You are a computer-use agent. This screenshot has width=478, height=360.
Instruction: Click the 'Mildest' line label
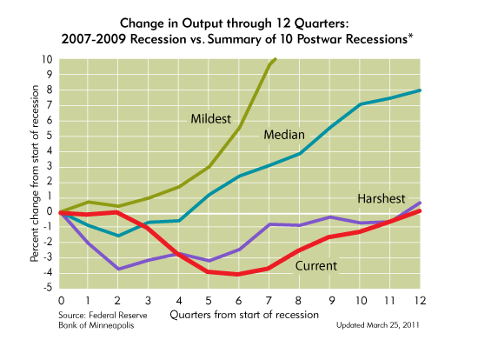[215, 118]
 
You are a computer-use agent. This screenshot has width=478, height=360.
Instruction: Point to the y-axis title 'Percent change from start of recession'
[35, 174]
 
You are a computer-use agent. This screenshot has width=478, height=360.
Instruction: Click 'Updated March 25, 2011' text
[380, 323]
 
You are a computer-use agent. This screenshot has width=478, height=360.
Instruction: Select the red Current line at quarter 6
[240, 274]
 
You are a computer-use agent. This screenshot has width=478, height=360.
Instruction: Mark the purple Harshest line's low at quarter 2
[119, 269]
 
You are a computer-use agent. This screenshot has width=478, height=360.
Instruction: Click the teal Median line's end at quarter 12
[421, 90]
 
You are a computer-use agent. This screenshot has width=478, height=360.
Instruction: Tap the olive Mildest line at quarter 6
[240, 128]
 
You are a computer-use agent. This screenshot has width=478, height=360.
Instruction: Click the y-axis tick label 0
[50, 211]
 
